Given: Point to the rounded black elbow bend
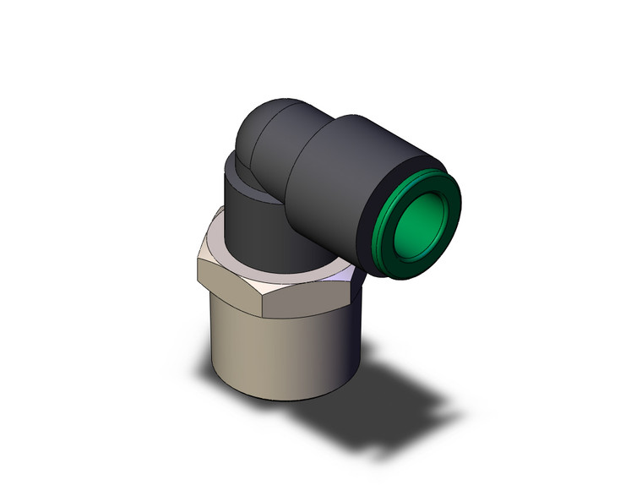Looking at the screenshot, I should pyautogui.click(x=253, y=131).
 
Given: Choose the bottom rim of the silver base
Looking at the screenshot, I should pyautogui.click(x=279, y=395).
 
